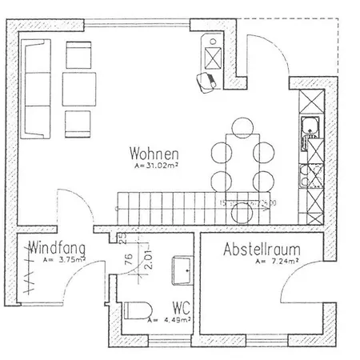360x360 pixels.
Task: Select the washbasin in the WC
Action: point(181,270)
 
